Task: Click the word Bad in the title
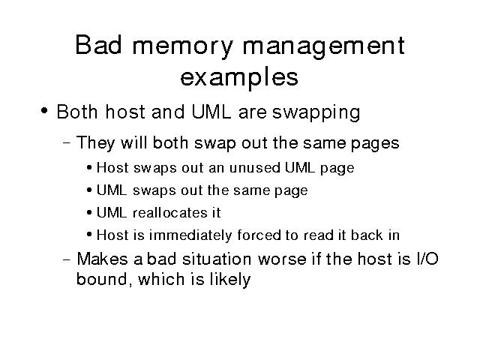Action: (98, 45)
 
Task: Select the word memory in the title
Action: (183, 48)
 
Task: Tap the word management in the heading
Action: (323, 48)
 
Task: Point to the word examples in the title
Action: (239, 78)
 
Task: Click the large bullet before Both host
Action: (44, 110)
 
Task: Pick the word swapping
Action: (316, 113)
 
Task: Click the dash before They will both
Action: (67, 142)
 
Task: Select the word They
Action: (95, 144)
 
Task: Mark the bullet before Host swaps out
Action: (89, 168)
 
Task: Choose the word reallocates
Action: (170, 213)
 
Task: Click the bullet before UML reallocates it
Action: (89, 213)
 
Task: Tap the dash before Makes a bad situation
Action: (67, 259)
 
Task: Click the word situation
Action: (217, 259)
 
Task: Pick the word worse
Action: (282, 260)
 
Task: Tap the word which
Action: (162, 279)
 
